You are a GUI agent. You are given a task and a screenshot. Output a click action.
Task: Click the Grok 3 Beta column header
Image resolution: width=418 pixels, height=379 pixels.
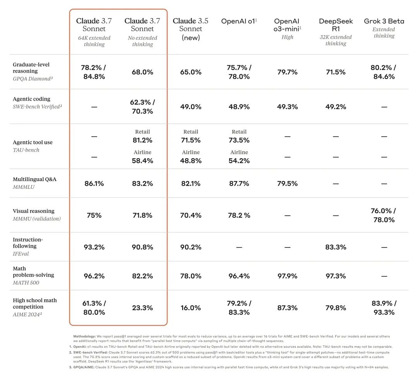click(384, 21)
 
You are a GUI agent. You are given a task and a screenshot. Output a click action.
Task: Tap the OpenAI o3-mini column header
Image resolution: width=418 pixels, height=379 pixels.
click(287, 24)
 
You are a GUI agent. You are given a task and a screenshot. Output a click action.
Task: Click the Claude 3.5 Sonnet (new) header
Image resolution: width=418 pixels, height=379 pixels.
click(190, 29)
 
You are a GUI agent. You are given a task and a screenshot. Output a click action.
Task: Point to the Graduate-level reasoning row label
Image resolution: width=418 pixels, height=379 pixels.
click(31, 68)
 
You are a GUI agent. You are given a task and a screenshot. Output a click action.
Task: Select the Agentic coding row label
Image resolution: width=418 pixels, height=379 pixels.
click(31, 99)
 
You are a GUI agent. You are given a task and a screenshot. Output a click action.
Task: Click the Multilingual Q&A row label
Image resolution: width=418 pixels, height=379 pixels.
click(34, 179)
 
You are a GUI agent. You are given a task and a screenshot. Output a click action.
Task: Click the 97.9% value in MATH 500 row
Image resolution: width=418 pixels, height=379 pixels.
click(287, 276)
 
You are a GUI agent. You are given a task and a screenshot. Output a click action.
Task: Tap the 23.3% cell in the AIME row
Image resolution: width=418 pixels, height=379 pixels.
click(142, 308)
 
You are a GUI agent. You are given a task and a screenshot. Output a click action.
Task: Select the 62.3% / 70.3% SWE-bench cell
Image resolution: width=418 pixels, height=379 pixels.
click(142, 107)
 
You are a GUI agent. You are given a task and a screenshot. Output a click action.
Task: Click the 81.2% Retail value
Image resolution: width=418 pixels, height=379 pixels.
click(142, 140)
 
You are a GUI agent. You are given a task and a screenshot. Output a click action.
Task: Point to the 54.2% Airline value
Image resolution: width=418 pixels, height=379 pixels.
click(239, 160)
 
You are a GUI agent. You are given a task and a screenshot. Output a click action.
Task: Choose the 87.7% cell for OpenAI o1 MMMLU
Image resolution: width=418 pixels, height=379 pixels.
click(239, 184)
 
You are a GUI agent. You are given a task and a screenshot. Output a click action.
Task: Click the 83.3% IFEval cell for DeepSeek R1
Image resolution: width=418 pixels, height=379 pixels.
click(336, 247)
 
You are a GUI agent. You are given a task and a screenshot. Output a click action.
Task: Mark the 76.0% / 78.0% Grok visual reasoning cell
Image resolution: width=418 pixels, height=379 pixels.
click(384, 215)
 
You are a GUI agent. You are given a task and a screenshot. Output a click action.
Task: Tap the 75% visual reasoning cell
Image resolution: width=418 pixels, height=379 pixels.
click(94, 215)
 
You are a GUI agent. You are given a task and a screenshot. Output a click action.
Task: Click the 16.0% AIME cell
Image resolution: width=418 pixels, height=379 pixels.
click(190, 308)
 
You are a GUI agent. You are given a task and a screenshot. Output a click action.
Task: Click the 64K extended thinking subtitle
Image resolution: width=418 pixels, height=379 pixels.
click(94, 41)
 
